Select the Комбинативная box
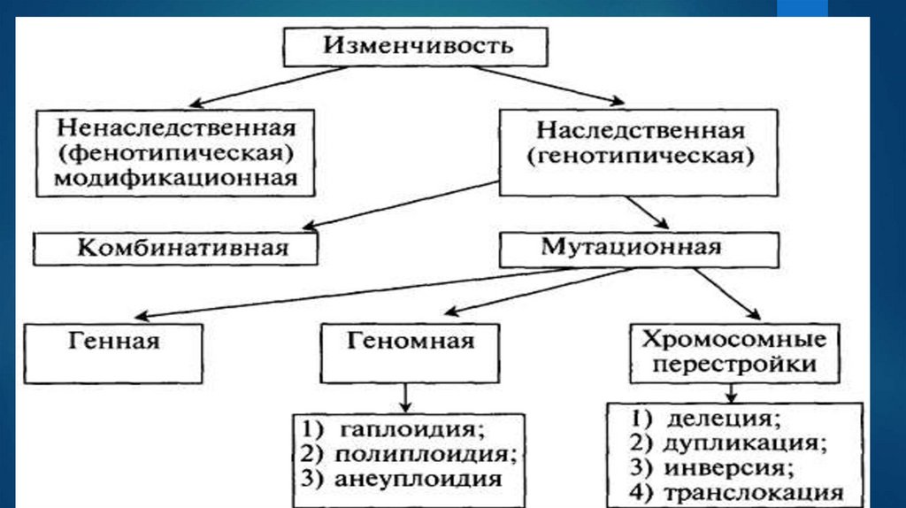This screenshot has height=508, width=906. click(x=174, y=248)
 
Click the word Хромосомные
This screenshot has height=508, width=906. click(x=733, y=339)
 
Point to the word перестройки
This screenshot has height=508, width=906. click(x=733, y=364)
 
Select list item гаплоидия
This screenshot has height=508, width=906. click(x=412, y=430)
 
